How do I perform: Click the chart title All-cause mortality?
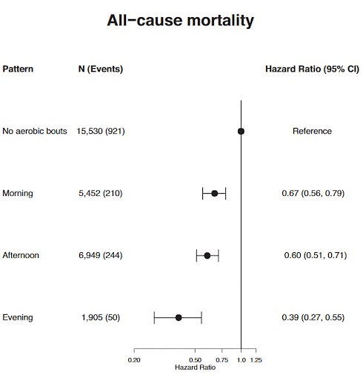[181, 21]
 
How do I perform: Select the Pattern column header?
[18, 70]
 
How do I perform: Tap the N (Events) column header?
[101, 70]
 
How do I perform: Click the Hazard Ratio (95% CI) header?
[312, 70]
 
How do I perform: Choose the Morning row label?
[18, 193]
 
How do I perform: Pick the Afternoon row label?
[21, 255]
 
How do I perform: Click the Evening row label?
[18, 317]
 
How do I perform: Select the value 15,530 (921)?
[101, 131]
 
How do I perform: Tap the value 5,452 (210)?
[101, 193]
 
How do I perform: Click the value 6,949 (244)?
[101, 255]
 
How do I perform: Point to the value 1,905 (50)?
[101, 317]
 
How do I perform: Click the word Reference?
[312, 131]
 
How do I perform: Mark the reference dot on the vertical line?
[241, 131]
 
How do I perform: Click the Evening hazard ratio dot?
[179, 317]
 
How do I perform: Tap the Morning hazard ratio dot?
[215, 193]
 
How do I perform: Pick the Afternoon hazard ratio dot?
[207, 255]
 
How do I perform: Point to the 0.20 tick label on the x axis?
[134, 360]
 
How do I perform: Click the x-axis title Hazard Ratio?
[195, 367]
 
